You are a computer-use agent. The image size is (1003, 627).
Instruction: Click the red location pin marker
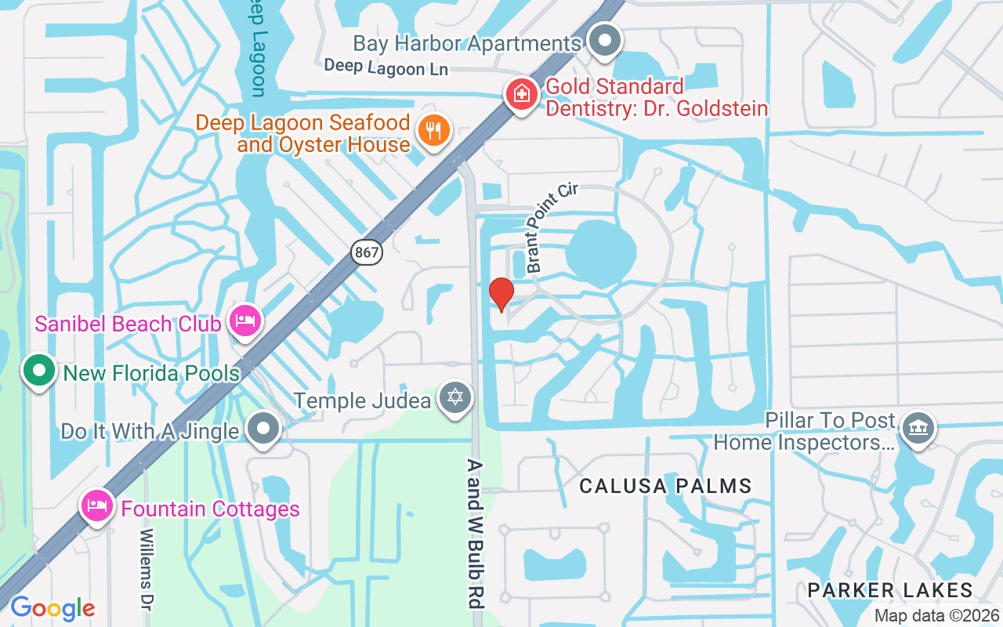[501, 294]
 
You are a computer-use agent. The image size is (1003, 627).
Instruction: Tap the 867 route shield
[367, 252]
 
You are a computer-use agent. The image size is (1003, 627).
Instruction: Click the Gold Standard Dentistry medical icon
[520, 95]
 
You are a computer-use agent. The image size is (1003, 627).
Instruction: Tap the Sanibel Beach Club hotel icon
[245, 321]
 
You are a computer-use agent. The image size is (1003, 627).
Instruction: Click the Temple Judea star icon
[455, 398]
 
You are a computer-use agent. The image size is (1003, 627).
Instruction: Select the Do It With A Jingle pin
[263, 429]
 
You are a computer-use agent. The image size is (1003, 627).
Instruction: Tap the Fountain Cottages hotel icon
[96, 506]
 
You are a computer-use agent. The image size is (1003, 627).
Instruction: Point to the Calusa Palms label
[665, 487]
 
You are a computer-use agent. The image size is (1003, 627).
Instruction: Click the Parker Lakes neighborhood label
[890, 590]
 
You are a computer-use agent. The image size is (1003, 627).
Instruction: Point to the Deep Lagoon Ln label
[386, 67]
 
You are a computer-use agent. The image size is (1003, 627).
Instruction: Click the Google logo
[53, 608]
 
